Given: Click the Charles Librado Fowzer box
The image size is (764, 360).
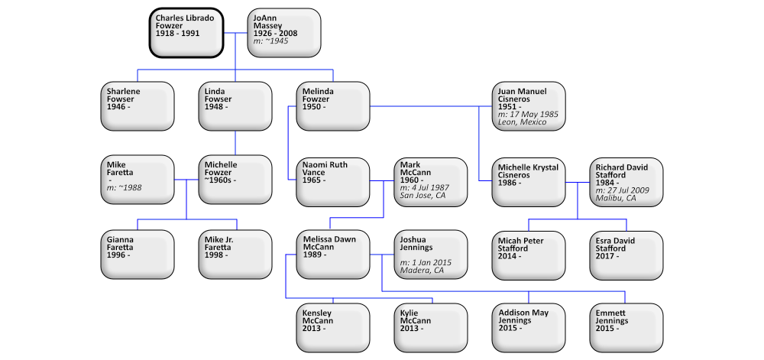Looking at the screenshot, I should [x=186, y=32].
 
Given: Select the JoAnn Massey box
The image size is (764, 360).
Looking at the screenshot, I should [x=284, y=32].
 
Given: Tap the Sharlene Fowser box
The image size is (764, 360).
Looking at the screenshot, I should [x=138, y=105].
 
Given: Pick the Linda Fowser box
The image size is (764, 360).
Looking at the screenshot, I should [x=235, y=105].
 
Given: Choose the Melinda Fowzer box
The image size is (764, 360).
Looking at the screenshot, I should [x=333, y=105].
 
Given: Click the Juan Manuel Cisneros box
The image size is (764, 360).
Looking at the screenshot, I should [x=529, y=105].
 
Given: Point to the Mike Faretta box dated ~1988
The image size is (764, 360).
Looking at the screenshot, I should [x=138, y=180].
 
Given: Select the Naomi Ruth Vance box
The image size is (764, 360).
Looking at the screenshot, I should [x=333, y=181].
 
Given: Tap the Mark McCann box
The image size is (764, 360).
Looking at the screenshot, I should [x=431, y=181].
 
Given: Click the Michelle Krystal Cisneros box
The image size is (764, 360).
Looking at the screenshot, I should [x=529, y=181].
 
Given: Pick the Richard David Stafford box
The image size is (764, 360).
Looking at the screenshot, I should [x=626, y=181].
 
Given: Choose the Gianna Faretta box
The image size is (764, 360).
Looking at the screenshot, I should [x=138, y=254].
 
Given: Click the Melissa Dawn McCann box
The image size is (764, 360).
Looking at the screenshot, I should [x=333, y=254].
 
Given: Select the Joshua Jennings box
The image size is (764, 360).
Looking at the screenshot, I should [x=431, y=254].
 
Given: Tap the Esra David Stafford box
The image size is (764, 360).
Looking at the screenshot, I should [x=626, y=254].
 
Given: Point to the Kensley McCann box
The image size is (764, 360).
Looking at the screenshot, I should [x=333, y=327].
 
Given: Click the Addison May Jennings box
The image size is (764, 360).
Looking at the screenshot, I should [x=529, y=327].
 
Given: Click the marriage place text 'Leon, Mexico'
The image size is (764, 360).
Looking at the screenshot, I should [x=522, y=122].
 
